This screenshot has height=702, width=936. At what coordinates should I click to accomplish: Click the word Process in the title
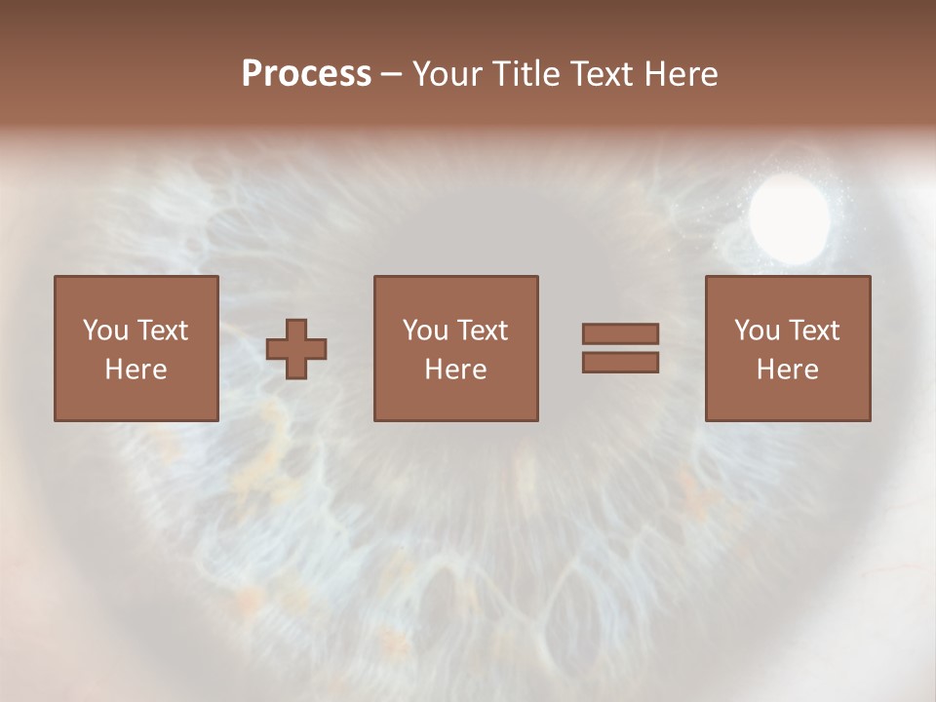pos(306,74)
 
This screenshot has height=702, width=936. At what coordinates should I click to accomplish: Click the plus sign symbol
pos(296,349)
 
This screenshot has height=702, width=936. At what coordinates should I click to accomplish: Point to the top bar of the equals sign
pos(620,333)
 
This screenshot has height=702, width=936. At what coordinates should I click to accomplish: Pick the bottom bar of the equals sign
pos(620,362)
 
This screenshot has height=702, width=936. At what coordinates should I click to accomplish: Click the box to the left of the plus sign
pos(136,348)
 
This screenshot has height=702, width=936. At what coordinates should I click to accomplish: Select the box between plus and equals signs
pos(455,348)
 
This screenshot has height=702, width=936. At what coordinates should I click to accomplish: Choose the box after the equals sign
pos(788,348)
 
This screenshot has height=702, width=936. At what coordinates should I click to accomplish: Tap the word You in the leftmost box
pos(104,331)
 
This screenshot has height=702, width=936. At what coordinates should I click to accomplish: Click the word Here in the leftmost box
pos(136,370)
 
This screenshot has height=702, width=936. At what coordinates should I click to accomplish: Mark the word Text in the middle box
pos(482,331)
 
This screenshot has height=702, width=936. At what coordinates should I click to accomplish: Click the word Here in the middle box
pos(455,370)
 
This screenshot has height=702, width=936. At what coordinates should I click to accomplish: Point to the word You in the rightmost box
pos(756,331)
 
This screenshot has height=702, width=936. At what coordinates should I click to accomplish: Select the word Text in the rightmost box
pos(813,331)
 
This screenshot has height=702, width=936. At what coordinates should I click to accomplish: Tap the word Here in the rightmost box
pos(788,370)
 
